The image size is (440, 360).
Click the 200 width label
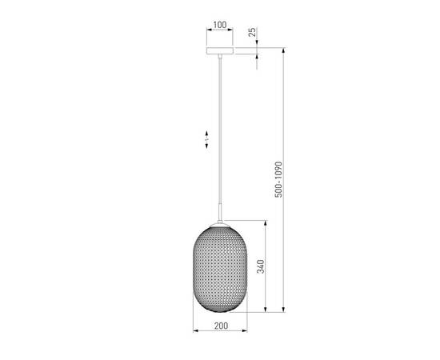pos(222,326)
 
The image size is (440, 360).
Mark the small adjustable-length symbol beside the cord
pos(206,138)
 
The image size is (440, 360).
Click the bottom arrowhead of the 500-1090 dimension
pos(285,311)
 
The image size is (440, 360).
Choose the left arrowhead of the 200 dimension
pos(196,331)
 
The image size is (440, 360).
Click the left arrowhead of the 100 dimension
pos(208,31)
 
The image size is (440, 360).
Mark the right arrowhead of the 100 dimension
pos(232,31)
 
